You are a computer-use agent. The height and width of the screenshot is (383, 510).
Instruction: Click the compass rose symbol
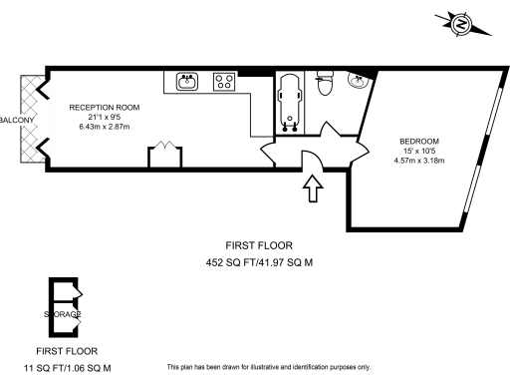click(x=460, y=23)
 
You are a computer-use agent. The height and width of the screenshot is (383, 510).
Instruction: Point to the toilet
click(x=322, y=86)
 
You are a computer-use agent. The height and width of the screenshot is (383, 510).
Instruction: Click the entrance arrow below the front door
click(x=312, y=188)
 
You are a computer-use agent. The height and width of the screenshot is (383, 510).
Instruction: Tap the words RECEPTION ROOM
click(x=104, y=107)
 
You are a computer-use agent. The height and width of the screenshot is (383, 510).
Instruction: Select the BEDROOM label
click(x=419, y=141)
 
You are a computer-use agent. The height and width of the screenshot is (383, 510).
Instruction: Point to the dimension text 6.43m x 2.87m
click(x=104, y=129)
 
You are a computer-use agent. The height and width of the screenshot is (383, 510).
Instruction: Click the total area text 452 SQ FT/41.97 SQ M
click(x=259, y=263)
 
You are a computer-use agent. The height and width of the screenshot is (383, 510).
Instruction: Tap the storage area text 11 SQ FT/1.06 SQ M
click(x=67, y=367)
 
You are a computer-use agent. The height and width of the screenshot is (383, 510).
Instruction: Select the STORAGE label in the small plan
click(x=62, y=314)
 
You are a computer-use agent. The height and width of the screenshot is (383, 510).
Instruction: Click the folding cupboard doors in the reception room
click(x=162, y=155)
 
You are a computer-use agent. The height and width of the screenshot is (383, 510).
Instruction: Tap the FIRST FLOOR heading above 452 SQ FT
click(x=259, y=245)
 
